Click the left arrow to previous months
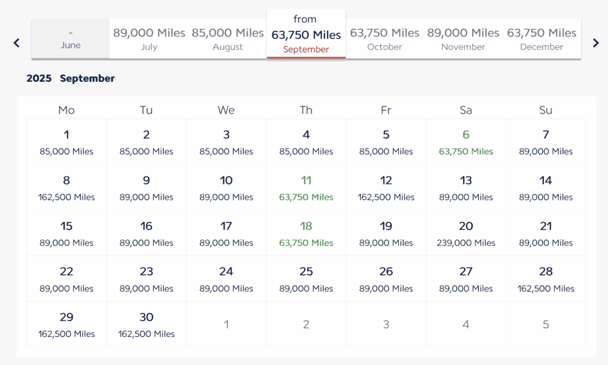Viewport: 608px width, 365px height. [17, 43]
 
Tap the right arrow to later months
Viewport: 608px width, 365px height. [596, 43]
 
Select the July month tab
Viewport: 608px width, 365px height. [149, 39]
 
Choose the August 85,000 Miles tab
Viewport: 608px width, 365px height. [228, 39]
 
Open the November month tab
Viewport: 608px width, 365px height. [463, 39]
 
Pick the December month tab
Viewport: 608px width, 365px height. [542, 39]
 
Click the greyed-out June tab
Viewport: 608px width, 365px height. [71, 39]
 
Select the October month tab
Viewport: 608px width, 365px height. [385, 39]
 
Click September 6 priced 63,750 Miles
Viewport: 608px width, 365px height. [466, 142]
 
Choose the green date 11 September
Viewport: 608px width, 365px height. [306, 188]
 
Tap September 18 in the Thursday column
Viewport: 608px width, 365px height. [306, 234]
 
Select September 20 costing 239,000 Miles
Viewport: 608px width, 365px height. [466, 234]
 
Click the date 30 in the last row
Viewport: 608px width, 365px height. [146, 325]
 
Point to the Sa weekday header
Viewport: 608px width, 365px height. [466, 110]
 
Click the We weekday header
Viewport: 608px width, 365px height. [226, 110]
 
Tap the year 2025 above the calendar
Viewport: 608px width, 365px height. [39, 78]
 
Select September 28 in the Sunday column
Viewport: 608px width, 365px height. [546, 279]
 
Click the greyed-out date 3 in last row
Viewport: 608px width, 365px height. [386, 325]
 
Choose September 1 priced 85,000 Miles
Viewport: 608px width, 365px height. [66, 142]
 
